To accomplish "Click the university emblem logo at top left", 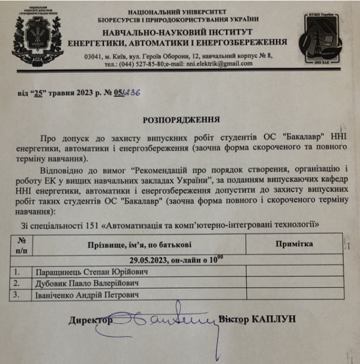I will click(37, 33).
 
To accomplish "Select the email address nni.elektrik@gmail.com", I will click(217, 64).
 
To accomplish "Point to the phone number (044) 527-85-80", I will click(141, 64).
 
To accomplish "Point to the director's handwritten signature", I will click(163, 322).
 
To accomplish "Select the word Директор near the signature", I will click(91, 320).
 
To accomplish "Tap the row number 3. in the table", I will click(18, 294).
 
